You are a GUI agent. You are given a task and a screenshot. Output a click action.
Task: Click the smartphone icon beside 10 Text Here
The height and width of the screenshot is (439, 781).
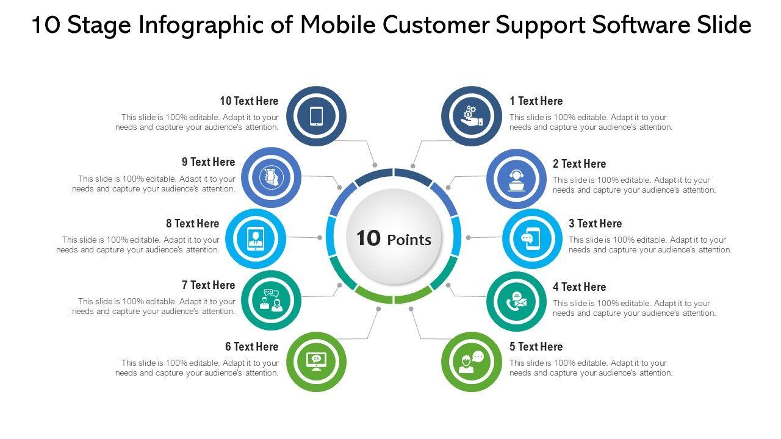click(x=316, y=116)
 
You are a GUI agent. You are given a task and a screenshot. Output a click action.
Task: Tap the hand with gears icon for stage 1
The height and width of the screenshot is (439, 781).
click(x=471, y=116)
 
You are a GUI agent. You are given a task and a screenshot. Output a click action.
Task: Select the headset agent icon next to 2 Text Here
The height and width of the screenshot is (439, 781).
click(x=516, y=179)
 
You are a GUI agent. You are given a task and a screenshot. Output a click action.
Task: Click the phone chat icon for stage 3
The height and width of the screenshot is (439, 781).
click(x=532, y=238)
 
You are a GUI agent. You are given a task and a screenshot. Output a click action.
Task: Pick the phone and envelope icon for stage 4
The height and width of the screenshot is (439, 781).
click(x=516, y=301)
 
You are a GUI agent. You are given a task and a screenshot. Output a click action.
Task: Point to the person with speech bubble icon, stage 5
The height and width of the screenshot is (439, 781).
click(x=471, y=362)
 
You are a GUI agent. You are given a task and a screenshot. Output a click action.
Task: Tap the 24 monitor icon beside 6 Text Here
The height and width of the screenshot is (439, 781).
click(x=316, y=362)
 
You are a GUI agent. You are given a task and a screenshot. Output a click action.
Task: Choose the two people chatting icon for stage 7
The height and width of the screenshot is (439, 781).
click(x=271, y=300)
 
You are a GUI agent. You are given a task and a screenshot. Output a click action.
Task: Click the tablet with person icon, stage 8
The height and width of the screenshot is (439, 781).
click(x=256, y=238)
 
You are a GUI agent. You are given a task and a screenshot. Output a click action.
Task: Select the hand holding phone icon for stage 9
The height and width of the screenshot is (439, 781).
click(x=271, y=177)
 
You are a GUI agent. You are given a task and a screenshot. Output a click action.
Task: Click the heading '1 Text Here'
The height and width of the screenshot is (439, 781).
click(x=536, y=101)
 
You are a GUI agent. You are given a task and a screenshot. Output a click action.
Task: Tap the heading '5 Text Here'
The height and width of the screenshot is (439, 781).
click(x=536, y=347)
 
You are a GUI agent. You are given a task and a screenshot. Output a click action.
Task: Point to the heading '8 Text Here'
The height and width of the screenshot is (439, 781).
click(x=192, y=224)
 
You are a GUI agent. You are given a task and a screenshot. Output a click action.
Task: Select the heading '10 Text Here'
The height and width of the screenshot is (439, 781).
click(x=249, y=101)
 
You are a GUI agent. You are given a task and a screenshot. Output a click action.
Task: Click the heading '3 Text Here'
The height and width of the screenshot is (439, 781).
click(x=595, y=224)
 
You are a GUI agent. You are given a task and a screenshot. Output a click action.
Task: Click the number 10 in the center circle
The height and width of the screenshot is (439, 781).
click(x=368, y=238)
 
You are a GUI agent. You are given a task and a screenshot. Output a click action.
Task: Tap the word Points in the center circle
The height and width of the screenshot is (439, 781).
click(x=409, y=240)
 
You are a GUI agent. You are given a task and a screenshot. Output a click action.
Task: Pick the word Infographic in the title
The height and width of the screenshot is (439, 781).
click(x=211, y=26)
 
